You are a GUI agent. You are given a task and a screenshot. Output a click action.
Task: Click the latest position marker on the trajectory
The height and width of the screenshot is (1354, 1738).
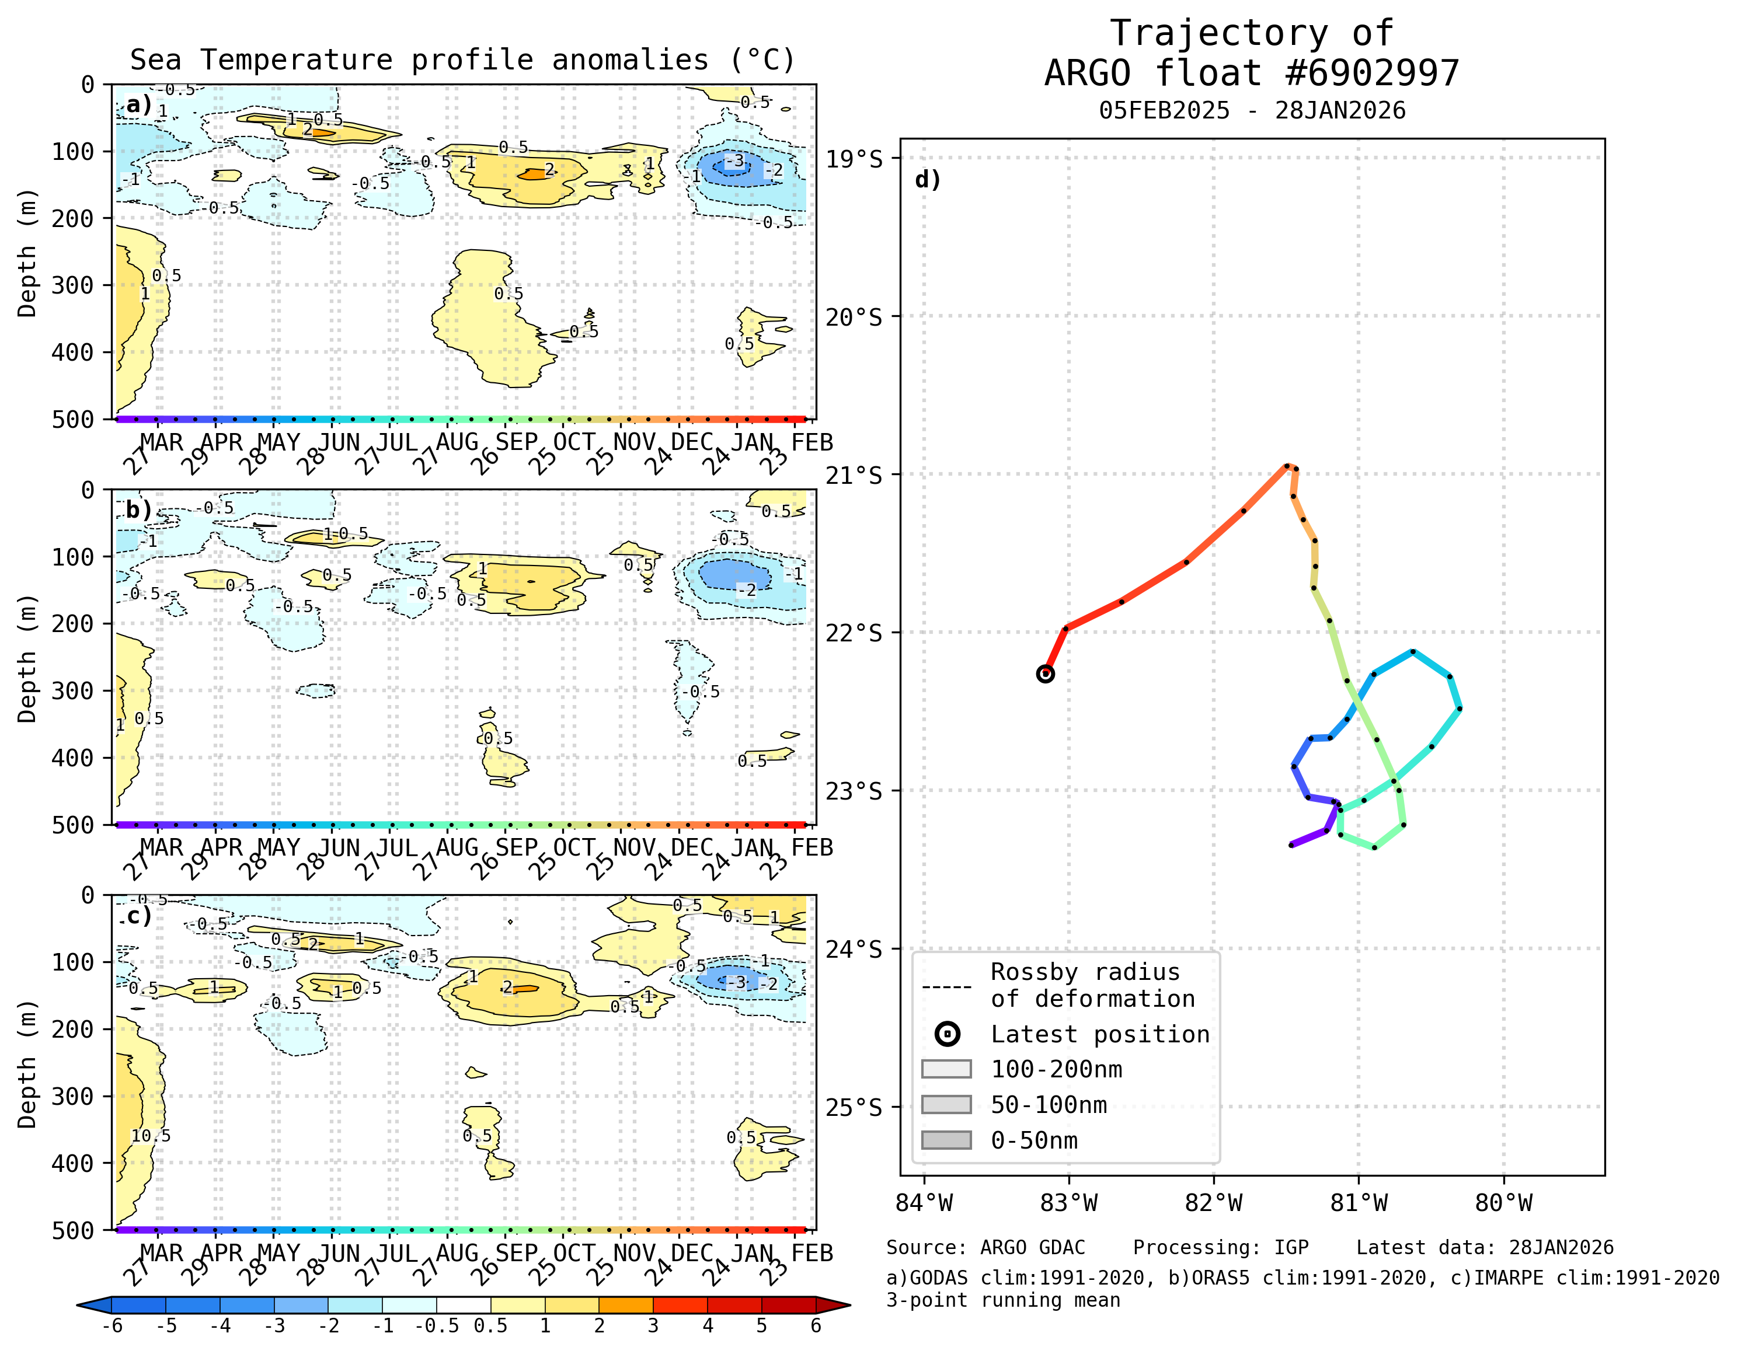[x=1046, y=674]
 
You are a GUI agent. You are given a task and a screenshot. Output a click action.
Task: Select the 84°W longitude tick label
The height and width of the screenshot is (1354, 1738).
[x=924, y=1202]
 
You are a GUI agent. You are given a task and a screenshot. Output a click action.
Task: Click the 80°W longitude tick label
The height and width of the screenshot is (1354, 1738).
[x=1503, y=1202]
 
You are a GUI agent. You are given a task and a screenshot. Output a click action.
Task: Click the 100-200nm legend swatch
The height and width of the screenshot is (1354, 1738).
[x=946, y=1069]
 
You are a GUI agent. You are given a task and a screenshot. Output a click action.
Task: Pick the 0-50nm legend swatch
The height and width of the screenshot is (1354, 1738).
[x=946, y=1140]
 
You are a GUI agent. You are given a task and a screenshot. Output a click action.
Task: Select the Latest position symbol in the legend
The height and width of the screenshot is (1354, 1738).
[x=947, y=1034]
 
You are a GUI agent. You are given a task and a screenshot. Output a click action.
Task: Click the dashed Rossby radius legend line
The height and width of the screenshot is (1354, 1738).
[x=946, y=986]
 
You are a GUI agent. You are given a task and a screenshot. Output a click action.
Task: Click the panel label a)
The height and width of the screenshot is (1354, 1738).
[x=138, y=104]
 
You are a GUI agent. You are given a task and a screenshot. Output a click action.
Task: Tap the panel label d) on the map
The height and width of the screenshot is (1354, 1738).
[x=928, y=179]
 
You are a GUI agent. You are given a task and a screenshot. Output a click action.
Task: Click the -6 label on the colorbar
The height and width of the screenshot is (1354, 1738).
[x=112, y=1326]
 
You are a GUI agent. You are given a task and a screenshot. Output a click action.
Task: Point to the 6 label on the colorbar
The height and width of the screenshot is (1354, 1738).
[x=816, y=1326]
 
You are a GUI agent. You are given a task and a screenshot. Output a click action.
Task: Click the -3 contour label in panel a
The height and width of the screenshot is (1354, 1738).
[x=736, y=162]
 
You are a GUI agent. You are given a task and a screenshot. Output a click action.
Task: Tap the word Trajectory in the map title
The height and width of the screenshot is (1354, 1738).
[x=1218, y=33]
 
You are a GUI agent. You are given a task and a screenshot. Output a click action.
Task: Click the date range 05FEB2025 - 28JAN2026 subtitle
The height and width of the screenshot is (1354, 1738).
[x=1252, y=110]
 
